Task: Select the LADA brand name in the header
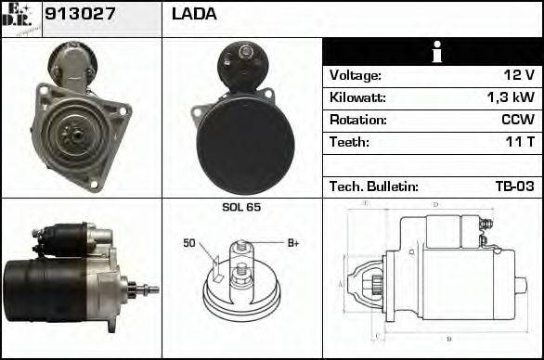(194, 15)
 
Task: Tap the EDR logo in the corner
(20, 18)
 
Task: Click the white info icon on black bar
(433, 52)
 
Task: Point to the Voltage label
(355, 76)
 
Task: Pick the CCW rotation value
(516, 121)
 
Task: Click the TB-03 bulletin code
(514, 186)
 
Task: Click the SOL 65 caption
(241, 207)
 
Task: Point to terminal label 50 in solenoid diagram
(189, 243)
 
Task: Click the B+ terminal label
(292, 243)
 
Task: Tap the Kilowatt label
(357, 98)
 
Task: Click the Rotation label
(356, 121)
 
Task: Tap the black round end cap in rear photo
(245, 140)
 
